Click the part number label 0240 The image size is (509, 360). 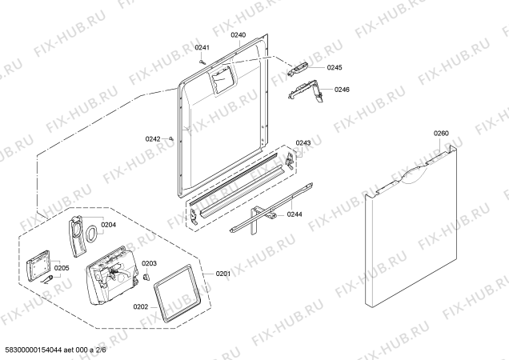[x=238, y=35]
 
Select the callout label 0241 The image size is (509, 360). [x=202, y=48]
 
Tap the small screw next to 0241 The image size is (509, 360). [x=202, y=62]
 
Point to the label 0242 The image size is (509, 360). [x=153, y=139]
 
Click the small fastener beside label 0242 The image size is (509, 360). [x=172, y=139]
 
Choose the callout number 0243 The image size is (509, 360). [x=303, y=143]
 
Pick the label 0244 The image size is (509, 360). [x=295, y=214]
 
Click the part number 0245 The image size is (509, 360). [x=335, y=67]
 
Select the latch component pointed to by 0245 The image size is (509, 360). [x=298, y=69]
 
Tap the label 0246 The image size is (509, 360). [x=342, y=90]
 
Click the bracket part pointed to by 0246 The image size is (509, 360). [x=306, y=91]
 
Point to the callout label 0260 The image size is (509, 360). [x=441, y=133]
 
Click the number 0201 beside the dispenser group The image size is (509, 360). [x=223, y=274]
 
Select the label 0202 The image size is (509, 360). [x=141, y=306]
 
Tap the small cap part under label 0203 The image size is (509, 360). [x=146, y=276]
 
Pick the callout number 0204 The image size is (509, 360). [x=108, y=225]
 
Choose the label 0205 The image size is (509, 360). [x=62, y=268]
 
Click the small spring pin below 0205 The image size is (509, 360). [x=47, y=279]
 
